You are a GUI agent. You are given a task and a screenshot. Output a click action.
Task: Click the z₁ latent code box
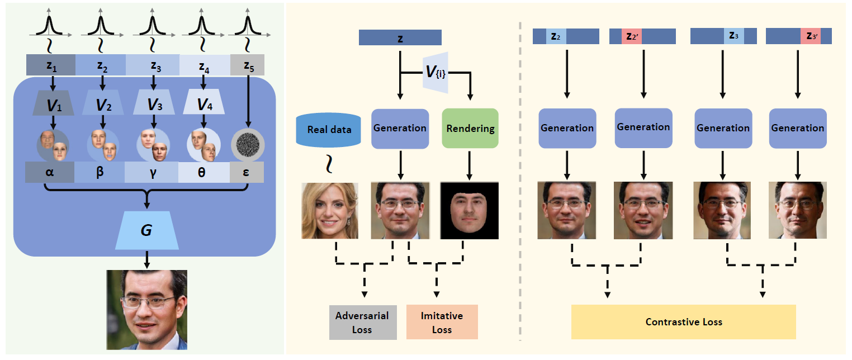[x=51, y=65]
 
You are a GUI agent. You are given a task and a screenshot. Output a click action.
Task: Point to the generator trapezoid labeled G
[x=146, y=230]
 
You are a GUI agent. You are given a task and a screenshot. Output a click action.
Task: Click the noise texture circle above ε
[x=247, y=143]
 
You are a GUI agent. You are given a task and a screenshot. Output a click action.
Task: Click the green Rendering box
[x=470, y=129]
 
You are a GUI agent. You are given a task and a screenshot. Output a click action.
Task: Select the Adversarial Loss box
[x=362, y=322]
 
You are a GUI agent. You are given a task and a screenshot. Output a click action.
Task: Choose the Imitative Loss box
[x=442, y=322]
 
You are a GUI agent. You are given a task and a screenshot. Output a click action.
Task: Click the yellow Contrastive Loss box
[x=683, y=322]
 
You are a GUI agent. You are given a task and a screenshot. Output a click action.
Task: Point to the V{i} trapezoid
[x=436, y=71]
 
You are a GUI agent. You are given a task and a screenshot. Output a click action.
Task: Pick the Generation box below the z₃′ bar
[x=798, y=128]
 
